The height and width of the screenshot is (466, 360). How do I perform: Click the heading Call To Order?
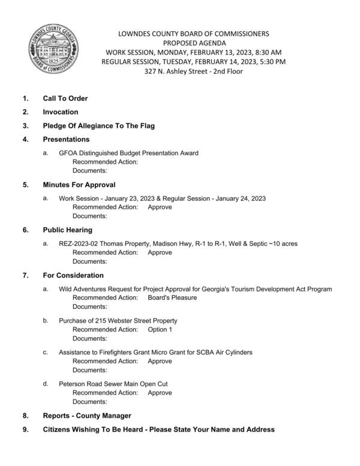click(x=65, y=98)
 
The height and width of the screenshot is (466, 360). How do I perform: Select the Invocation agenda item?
click(x=60, y=112)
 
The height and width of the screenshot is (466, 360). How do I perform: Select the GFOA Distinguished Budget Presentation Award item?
click(x=128, y=154)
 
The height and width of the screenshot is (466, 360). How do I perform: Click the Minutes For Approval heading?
click(x=79, y=185)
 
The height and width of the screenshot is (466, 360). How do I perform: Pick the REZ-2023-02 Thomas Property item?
click(x=178, y=243)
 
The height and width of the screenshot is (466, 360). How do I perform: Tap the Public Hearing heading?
click(x=67, y=230)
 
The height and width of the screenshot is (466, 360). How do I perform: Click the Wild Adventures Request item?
click(x=195, y=289)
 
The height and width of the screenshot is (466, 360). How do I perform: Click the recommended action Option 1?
click(x=160, y=330)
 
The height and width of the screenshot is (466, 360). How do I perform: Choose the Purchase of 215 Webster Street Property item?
click(x=118, y=321)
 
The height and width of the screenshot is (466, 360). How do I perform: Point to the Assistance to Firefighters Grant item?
click(x=155, y=352)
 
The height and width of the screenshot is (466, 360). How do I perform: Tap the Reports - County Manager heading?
click(x=86, y=416)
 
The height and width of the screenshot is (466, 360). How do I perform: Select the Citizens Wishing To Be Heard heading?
click(x=150, y=429)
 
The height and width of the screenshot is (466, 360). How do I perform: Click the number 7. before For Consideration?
click(x=25, y=275)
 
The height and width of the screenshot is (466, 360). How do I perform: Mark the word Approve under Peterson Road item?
click(x=160, y=393)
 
